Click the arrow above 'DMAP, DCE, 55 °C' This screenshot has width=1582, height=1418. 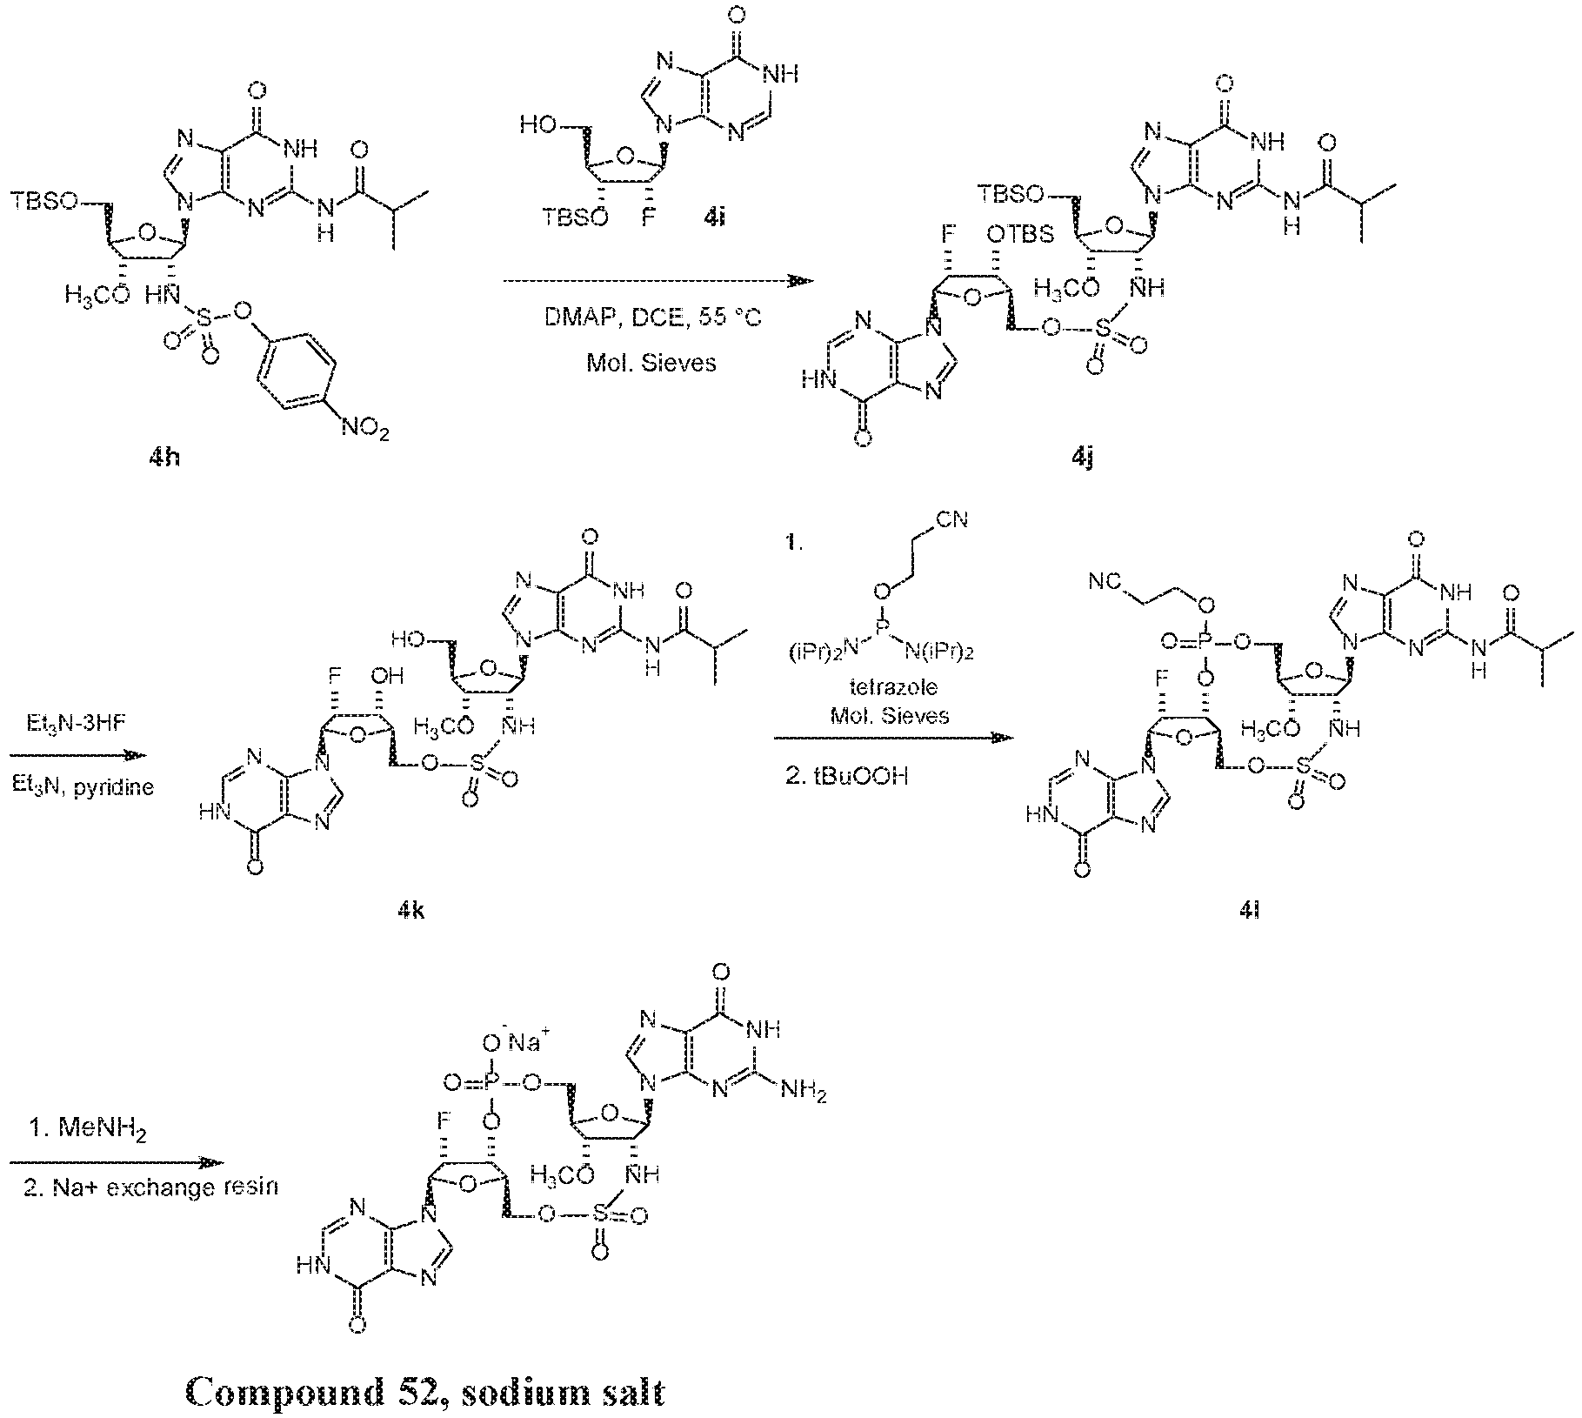[x=657, y=281]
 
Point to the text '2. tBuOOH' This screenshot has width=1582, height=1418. [x=846, y=775]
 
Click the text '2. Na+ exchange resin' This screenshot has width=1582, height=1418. [x=150, y=1186]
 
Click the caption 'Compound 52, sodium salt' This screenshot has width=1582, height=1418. [x=426, y=1393]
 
